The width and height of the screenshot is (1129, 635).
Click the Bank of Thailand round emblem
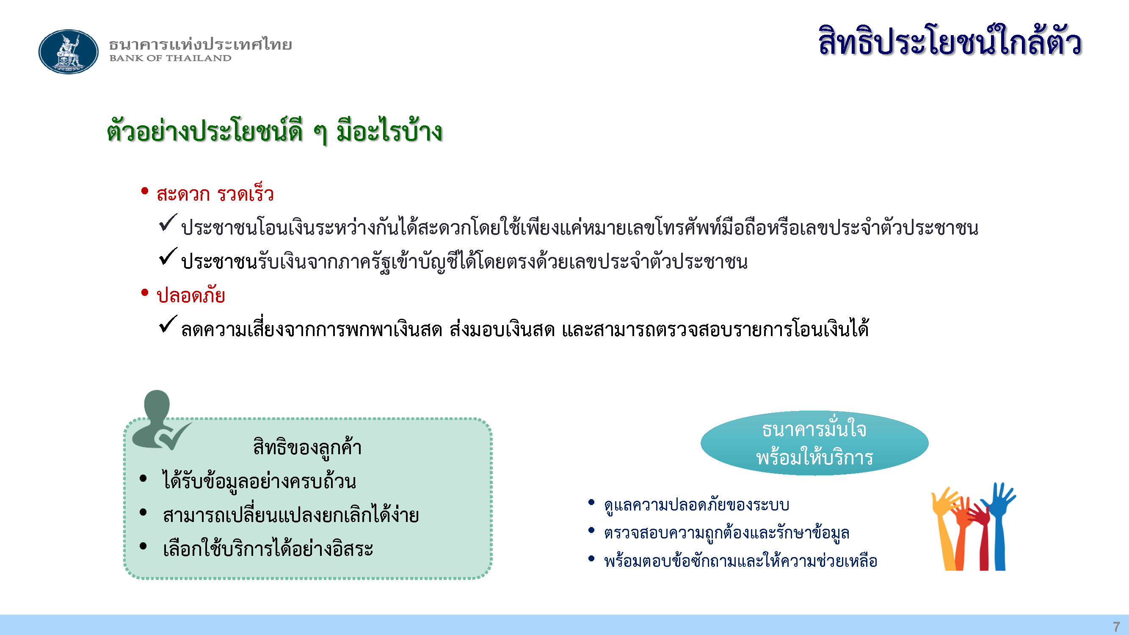click(x=69, y=52)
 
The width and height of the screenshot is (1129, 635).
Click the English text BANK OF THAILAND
click(x=170, y=58)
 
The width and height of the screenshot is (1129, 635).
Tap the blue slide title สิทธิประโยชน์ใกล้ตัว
click(x=950, y=41)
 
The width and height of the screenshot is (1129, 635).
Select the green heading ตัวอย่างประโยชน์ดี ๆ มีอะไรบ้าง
click(x=274, y=130)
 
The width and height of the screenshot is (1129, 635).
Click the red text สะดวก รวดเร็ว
click(x=215, y=194)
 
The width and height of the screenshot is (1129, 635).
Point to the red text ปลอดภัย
click(x=191, y=295)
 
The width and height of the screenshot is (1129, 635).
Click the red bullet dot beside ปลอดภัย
click(x=145, y=292)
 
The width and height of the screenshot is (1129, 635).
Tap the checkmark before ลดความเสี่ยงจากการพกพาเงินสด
click(x=168, y=324)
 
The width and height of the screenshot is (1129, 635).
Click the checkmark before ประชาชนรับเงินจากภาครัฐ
click(x=168, y=257)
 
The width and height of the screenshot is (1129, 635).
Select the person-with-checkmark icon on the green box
click(x=160, y=420)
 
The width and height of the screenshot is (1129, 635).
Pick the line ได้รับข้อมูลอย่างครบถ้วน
click(x=259, y=481)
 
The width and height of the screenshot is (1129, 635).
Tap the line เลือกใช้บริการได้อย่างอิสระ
click(x=268, y=548)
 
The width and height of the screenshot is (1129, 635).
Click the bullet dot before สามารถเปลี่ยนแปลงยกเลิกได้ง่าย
click(x=143, y=512)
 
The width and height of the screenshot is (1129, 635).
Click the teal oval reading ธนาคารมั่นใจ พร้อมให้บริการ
click(x=814, y=443)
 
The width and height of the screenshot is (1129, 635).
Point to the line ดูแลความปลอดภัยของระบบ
click(x=696, y=505)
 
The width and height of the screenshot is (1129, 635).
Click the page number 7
click(x=1116, y=626)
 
